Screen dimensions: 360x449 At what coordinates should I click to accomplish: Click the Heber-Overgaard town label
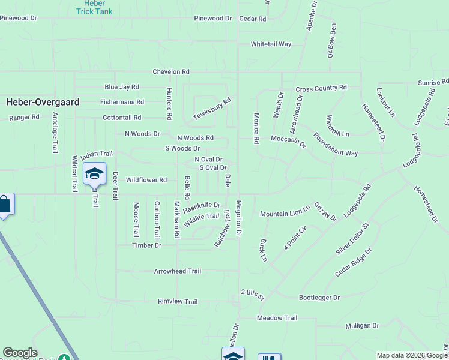(43, 102)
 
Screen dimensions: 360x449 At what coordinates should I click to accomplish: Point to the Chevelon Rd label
(171, 71)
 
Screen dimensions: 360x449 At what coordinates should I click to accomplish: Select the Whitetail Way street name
(271, 44)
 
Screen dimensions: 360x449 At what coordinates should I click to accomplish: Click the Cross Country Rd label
(321, 88)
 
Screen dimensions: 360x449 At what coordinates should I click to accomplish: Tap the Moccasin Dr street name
(288, 139)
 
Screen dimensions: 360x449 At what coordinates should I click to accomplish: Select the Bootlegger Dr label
(319, 298)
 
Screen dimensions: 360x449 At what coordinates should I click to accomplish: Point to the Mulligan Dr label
(362, 326)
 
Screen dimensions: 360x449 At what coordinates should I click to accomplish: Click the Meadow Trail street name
(277, 318)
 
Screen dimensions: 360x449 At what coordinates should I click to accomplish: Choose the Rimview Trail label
(178, 302)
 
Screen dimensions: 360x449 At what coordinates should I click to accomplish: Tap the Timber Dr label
(147, 245)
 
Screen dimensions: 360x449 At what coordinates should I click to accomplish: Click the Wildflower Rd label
(146, 180)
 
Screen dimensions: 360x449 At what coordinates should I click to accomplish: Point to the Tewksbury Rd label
(212, 109)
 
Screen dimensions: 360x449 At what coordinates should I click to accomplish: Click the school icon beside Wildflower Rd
(94, 173)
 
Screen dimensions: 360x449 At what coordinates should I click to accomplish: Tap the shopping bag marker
(4, 205)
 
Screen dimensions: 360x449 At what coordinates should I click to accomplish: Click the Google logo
(20, 353)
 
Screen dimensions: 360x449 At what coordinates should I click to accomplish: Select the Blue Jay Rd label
(122, 87)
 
